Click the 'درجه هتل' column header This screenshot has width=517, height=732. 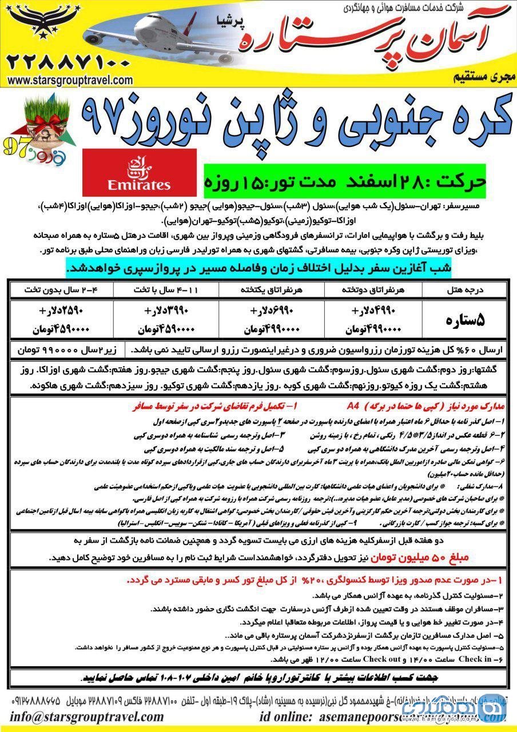coord(464,290)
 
